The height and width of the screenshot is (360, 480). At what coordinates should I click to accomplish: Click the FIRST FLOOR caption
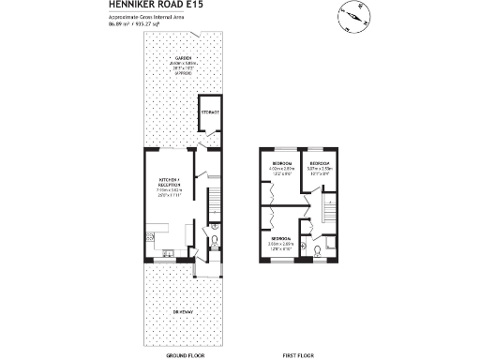pyautogui.click(x=297, y=356)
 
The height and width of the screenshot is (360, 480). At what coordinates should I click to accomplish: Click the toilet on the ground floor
pyautogui.click(x=215, y=242)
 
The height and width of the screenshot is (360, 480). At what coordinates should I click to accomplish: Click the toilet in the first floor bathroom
pyautogui.click(x=319, y=250)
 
